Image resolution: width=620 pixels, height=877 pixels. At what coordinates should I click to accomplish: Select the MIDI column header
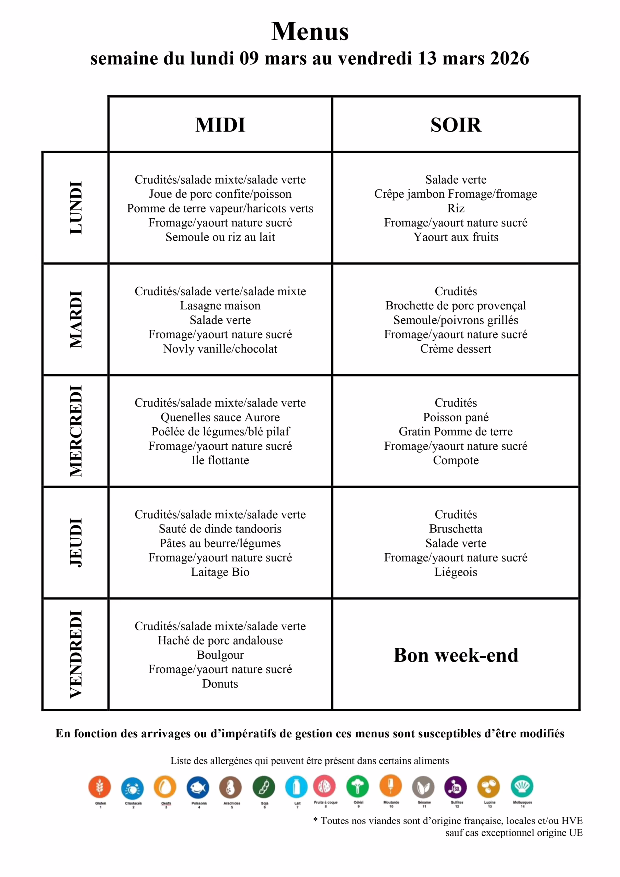point(220,125)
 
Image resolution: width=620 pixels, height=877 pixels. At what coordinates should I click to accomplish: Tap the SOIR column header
point(456,125)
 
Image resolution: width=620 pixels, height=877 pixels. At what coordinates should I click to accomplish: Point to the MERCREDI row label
point(76,431)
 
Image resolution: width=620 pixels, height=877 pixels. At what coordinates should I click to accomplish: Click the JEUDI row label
point(76,542)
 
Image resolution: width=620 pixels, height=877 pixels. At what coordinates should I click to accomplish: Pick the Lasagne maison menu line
point(220,306)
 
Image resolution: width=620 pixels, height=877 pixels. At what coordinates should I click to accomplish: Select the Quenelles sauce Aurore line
point(220,417)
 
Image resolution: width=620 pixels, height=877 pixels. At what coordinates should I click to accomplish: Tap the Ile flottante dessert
point(220,460)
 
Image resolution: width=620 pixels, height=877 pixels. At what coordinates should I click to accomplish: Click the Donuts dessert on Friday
point(220,684)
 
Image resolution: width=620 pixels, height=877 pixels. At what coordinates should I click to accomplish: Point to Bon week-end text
point(456,655)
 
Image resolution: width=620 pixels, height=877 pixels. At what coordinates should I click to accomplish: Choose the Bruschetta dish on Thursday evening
point(456,529)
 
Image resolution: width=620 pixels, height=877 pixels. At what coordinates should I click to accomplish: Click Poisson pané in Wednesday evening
point(456,417)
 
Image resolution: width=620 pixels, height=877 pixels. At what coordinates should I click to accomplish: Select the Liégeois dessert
point(456,572)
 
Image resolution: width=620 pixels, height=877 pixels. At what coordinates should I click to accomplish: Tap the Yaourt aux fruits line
point(456,237)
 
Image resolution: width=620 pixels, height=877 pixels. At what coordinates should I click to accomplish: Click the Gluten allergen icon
point(100,787)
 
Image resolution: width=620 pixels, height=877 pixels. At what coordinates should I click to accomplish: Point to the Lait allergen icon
point(296,787)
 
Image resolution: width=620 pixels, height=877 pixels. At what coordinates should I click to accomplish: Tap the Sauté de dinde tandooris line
point(220,529)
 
